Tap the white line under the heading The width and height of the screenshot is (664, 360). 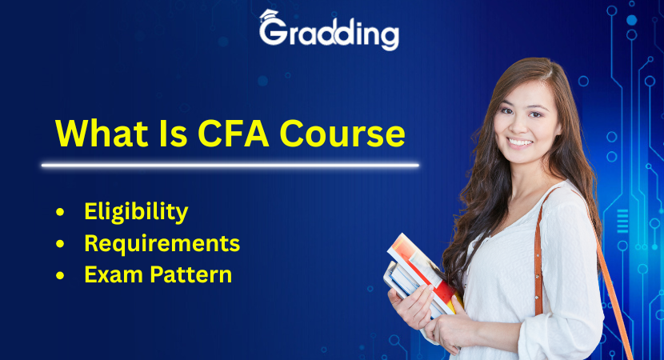coord(230,166)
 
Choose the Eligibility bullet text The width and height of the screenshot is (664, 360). coord(136,212)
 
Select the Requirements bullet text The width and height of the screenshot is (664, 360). coord(162,243)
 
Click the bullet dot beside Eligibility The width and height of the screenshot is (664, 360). coord(60,213)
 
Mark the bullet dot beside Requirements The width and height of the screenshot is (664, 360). coord(60,244)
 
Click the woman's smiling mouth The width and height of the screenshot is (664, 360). coord(521,142)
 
